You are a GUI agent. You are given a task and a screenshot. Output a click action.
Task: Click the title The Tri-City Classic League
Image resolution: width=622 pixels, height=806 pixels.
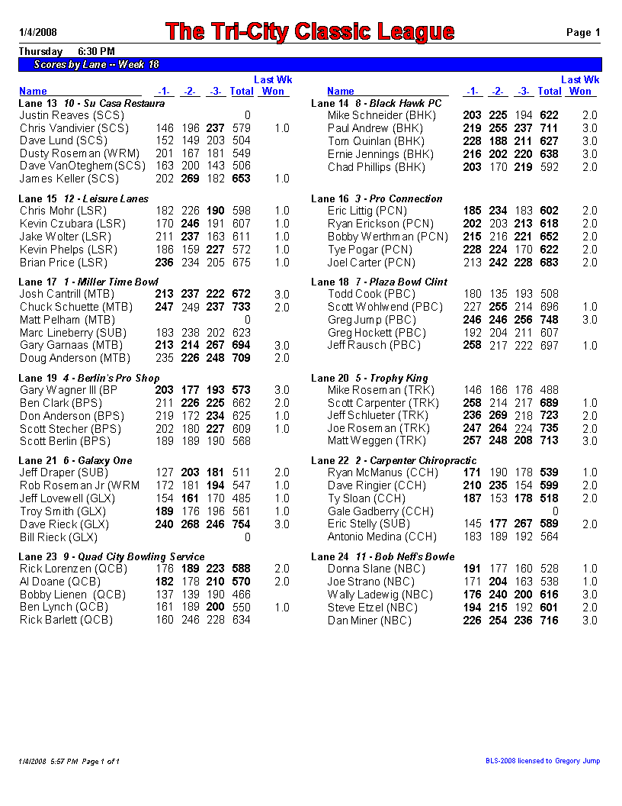click(x=309, y=32)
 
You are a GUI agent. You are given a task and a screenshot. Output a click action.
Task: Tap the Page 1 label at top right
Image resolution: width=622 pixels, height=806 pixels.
click(x=583, y=32)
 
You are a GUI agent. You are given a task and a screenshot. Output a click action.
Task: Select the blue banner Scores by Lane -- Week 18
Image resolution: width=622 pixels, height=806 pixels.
click(x=97, y=65)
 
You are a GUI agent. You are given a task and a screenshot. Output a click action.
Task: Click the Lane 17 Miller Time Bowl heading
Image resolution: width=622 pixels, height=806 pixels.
click(x=88, y=282)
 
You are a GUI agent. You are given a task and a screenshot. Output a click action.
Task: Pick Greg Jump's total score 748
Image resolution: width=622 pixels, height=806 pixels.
click(x=548, y=320)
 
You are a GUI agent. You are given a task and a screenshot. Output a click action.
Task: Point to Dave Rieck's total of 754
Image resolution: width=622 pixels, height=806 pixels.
click(x=242, y=524)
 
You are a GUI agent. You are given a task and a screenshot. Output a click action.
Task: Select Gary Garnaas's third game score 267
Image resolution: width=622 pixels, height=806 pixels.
click(x=216, y=346)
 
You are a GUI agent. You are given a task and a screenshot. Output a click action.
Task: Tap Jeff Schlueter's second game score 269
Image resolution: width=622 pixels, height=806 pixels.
click(x=498, y=415)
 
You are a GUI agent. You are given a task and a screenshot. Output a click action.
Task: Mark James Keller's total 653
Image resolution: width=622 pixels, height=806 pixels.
click(x=242, y=179)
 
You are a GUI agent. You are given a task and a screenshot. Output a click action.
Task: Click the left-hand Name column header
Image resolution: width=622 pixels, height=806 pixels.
click(x=33, y=92)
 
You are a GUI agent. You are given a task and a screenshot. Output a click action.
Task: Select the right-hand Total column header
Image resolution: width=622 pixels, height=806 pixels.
click(x=549, y=92)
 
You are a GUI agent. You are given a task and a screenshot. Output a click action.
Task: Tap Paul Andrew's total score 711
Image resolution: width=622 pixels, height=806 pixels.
click(x=548, y=128)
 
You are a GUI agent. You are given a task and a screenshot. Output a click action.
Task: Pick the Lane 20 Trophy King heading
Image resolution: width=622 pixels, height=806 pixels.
click(x=369, y=378)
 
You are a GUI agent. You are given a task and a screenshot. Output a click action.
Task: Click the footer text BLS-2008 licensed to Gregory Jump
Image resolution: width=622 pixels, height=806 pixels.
click(x=543, y=761)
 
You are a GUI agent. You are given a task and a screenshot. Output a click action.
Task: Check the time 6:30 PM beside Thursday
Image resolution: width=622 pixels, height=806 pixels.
click(x=97, y=51)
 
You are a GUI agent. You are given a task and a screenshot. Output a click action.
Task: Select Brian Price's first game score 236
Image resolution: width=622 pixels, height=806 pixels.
click(x=164, y=262)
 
